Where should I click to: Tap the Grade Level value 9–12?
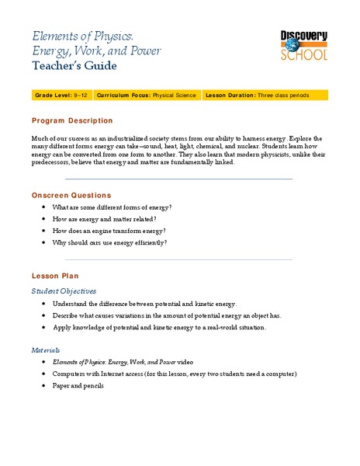(x=81, y=95)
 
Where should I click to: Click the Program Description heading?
(x=72, y=121)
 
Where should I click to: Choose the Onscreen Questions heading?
(x=71, y=195)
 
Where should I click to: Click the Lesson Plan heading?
(x=54, y=276)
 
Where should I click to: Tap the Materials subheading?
(x=46, y=350)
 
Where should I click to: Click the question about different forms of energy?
(x=112, y=208)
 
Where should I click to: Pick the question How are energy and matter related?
(x=103, y=220)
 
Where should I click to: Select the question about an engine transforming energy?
(x=109, y=231)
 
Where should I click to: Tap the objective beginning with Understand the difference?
(x=144, y=304)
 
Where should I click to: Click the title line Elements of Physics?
(x=83, y=36)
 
